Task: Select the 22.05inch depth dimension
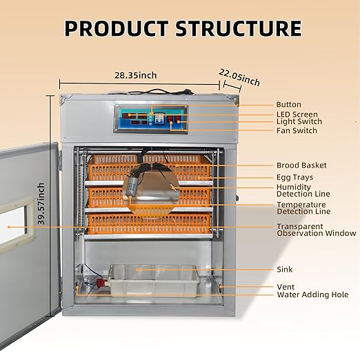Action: [x=239, y=77]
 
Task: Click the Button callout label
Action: [x=288, y=105]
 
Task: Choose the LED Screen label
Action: [x=297, y=114]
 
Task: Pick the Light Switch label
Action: [x=299, y=121]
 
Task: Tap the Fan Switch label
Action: [x=297, y=130]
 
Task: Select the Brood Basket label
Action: [x=301, y=166]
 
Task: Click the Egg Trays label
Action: [x=294, y=177]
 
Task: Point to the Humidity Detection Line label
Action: [x=303, y=190]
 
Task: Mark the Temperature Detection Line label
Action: [x=303, y=208]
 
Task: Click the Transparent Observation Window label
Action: [x=316, y=230]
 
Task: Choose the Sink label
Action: [x=285, y=270]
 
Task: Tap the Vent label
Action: [x=286, y=286]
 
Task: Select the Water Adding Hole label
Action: [x=312, y=294]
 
